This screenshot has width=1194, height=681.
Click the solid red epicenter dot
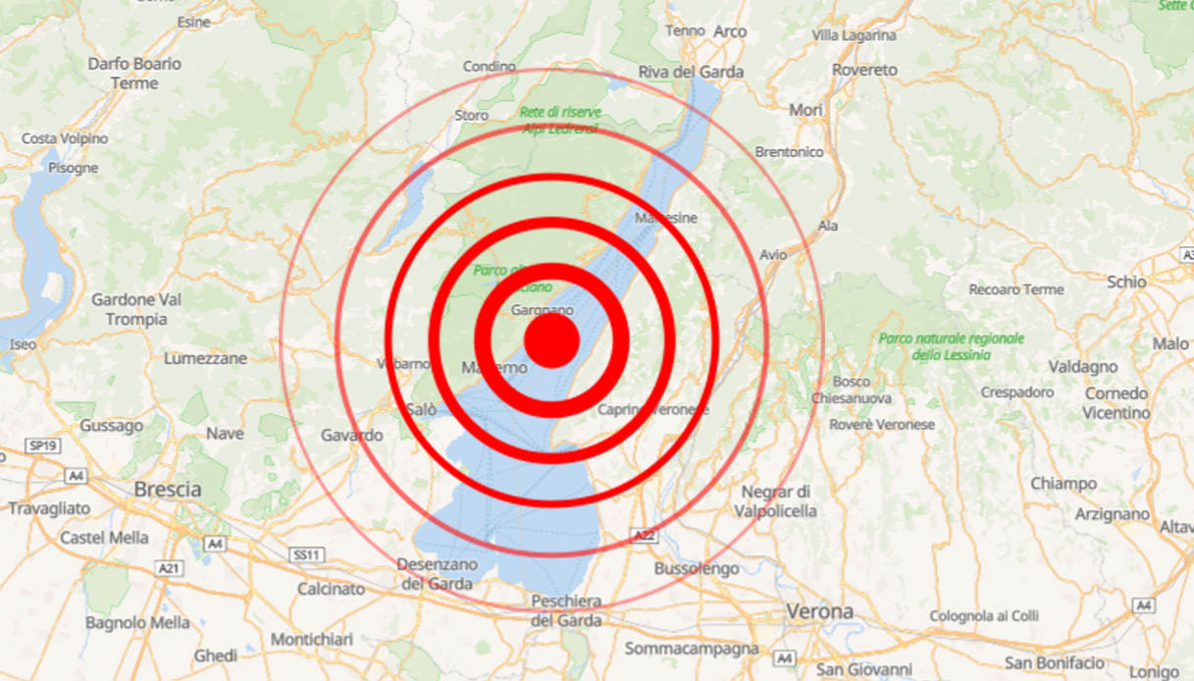(x=551, y=340)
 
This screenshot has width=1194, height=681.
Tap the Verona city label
(x=819, y=611)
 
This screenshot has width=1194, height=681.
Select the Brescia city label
(x=168, y=489)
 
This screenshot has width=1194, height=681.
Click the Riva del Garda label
(x=691, y=72)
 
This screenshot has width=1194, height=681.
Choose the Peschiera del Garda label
(x=565, y=610)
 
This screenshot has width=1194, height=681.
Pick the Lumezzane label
(x=205, y=358)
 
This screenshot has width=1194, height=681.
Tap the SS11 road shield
(x=306, y=555)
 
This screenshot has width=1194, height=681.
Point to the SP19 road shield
(x=41, y=445)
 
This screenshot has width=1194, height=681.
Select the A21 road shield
(x=169, y=568)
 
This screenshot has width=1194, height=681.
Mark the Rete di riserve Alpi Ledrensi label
(x=561, y=120)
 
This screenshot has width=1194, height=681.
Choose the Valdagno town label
(x=1082, y=366)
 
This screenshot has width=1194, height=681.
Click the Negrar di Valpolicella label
(x=775, y=500)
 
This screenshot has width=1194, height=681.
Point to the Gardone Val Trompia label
(x=136, y=309)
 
